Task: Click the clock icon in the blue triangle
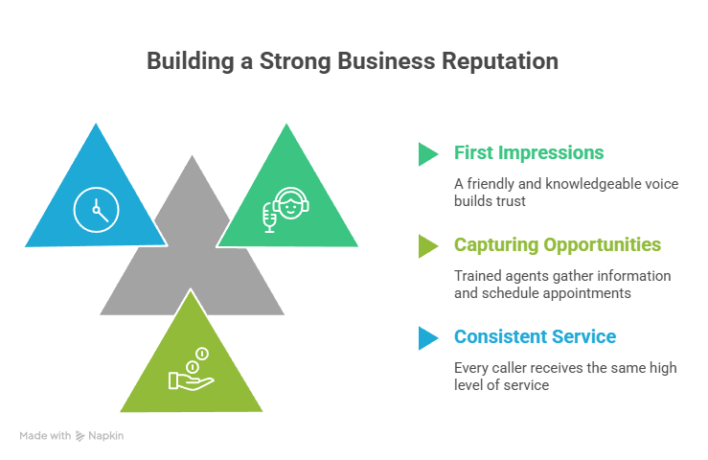[x=96, y=207]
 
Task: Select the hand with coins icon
[x=191, y=373]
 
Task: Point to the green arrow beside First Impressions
[x=427, y=153]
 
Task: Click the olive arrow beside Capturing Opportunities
[x=427, y=245]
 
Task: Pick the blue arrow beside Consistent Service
[x=427, y=337]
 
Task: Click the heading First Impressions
[x=529, y=153]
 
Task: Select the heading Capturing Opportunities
[x=557, y=245]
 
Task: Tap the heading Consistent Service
[x=535, y=337]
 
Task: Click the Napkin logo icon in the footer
[x=80, y=436]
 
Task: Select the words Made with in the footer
[x=44, y=436]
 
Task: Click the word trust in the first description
[x=515, y=201]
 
